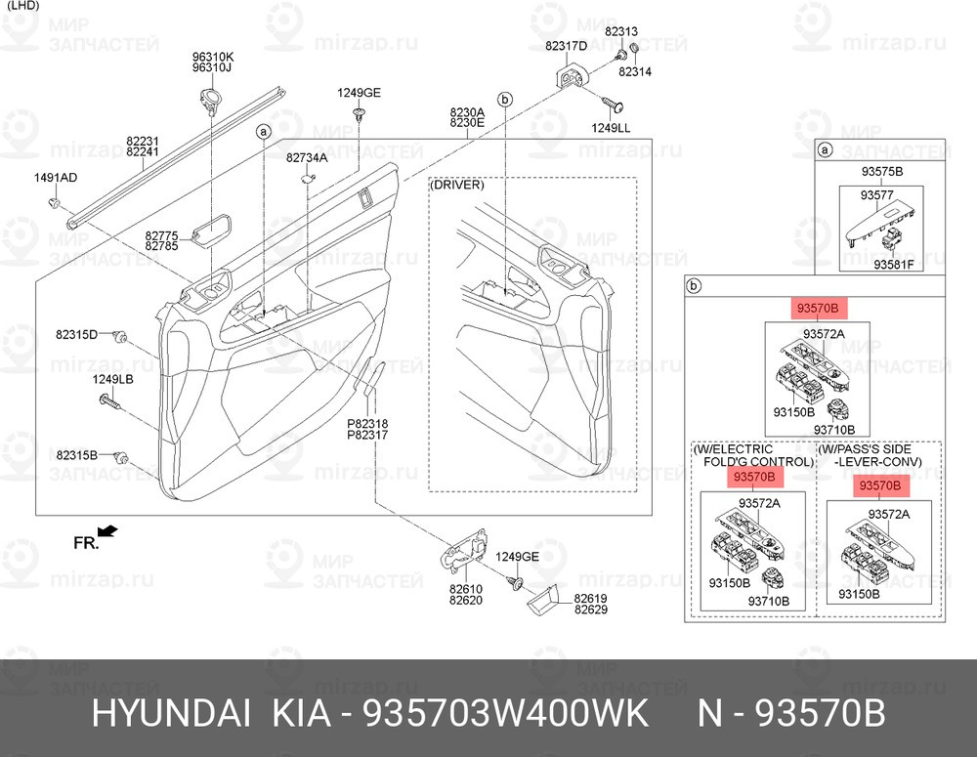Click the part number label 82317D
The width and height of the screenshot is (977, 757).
566,46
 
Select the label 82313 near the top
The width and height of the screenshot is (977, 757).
620,31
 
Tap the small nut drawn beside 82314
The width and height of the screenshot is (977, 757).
633,49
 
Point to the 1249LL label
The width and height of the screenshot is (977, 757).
612,128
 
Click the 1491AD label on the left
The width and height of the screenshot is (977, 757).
56,177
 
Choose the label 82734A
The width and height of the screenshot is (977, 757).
307,157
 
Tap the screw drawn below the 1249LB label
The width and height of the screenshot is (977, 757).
107,400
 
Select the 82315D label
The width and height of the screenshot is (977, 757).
76,335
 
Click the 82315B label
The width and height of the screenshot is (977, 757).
76,455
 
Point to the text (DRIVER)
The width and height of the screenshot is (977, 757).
456,185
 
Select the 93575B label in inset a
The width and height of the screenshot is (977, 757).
881,172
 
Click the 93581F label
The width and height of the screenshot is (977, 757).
893,264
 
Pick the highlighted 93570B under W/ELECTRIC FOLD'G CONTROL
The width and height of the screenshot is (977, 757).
752,477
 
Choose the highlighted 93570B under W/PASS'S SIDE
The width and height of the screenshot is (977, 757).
878,485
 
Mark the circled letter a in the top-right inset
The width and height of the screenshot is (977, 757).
825,149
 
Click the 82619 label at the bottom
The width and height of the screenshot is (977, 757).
590,598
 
